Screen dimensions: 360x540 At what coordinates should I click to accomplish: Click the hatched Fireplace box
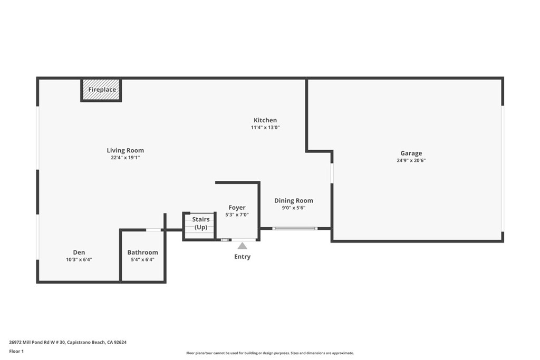pos(101,90)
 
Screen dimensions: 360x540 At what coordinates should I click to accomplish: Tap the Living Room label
pos(125,150)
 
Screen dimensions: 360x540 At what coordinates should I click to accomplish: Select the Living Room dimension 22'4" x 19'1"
pos(125,158)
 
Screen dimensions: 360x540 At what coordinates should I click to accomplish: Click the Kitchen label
pos(265,120)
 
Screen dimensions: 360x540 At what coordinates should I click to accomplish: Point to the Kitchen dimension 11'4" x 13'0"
pos(265,128)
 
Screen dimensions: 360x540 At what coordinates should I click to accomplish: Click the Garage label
pos(411,153)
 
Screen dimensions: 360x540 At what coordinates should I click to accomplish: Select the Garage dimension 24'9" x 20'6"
pos(411,161)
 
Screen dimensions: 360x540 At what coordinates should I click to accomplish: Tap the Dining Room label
pos(293,200)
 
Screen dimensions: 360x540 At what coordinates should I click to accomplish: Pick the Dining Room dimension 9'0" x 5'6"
pos(293,208)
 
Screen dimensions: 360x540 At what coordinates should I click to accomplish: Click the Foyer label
pos(237,207)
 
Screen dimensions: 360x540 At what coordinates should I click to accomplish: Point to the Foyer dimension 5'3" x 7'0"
pos(237,215)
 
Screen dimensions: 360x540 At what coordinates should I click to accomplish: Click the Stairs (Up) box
pos(200,226)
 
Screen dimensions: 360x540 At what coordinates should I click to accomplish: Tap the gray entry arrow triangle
pos(242,246)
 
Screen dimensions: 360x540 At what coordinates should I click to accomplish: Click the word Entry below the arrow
pos(242,257)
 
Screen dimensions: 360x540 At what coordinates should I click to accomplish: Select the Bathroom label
pos(142,252)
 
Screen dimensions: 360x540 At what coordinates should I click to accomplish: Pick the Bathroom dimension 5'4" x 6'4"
pos(142,259)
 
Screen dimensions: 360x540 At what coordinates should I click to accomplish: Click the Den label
pos(79,252)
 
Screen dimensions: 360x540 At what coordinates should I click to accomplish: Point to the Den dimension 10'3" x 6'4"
pos(79,259)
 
